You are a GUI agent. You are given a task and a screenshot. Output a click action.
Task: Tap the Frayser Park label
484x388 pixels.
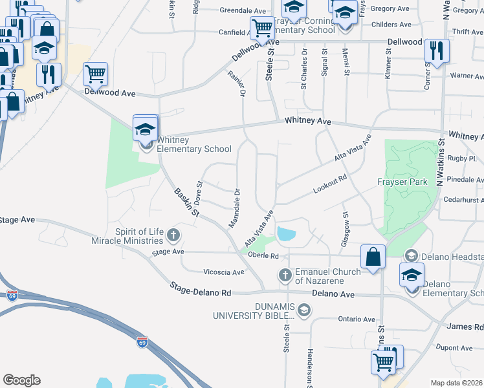click(402, 182)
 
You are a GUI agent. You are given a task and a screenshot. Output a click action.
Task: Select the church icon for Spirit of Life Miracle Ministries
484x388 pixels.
click(173, 234)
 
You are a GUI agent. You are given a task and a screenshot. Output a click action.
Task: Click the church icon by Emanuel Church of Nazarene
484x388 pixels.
click(285, 276)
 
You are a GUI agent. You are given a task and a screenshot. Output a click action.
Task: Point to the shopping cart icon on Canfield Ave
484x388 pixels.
click(262, 28)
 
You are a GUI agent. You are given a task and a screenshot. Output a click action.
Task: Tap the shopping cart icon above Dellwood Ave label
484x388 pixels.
click(95, 74)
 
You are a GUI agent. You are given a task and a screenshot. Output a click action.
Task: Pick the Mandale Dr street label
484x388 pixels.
click(235, 208)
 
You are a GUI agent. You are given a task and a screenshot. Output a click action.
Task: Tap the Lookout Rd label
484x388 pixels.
click(330, 185)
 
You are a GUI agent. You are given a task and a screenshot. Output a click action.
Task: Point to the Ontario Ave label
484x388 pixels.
click(357, 319)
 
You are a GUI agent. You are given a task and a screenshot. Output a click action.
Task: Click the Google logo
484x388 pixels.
click(21, 380)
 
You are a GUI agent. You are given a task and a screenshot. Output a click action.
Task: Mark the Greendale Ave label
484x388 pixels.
click(243, 11)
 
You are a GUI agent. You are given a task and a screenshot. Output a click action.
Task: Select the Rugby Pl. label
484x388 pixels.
click(464, 158)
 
